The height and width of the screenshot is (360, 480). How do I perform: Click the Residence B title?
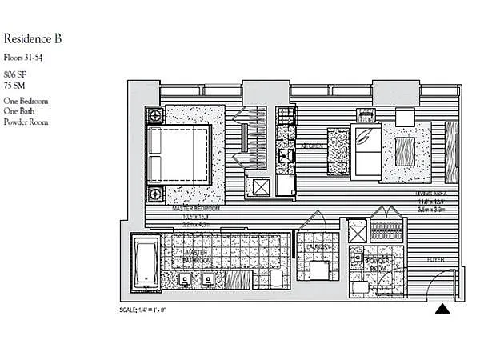[33, 38]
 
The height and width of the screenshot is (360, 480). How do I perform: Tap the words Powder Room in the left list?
[26, 122]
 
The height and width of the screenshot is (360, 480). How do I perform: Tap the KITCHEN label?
[311, 146]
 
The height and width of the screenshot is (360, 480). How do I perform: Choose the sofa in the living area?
[367, 152]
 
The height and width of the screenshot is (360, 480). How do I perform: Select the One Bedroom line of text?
[26, 101]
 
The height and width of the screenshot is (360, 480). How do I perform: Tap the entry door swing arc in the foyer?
[438, 282]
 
